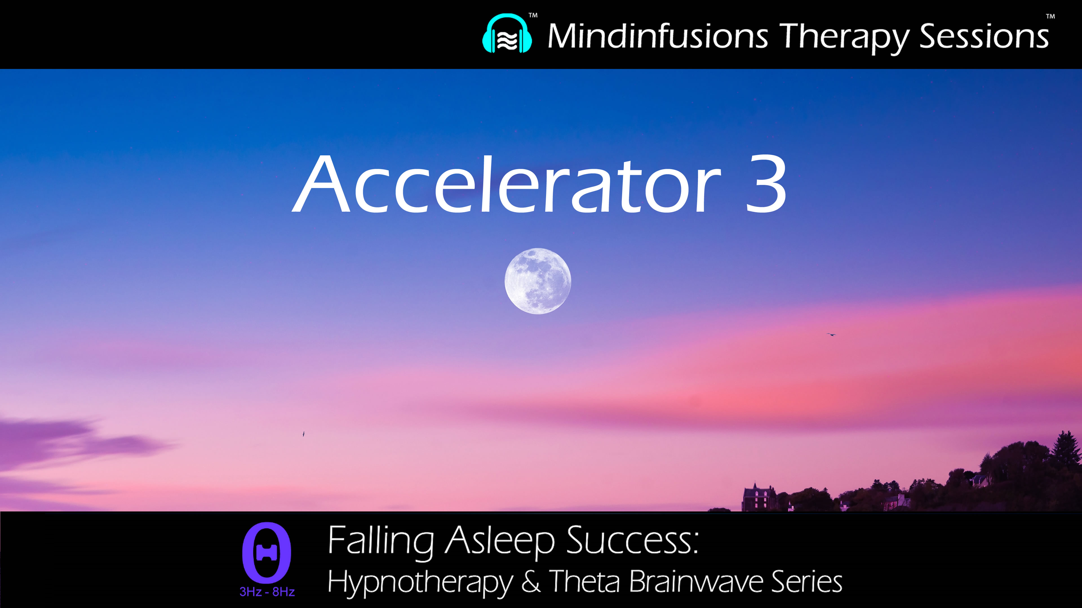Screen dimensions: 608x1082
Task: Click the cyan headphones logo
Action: (x=507, y=34)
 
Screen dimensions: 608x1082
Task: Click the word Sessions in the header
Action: (x=984, y=37)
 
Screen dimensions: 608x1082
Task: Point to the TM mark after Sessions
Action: (x=1050, y=17)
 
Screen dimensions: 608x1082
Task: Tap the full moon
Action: (x=538, y=281)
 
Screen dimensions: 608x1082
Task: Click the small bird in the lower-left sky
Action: (x=303, y=434)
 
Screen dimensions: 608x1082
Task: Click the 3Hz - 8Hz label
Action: (x=267, y=592)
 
